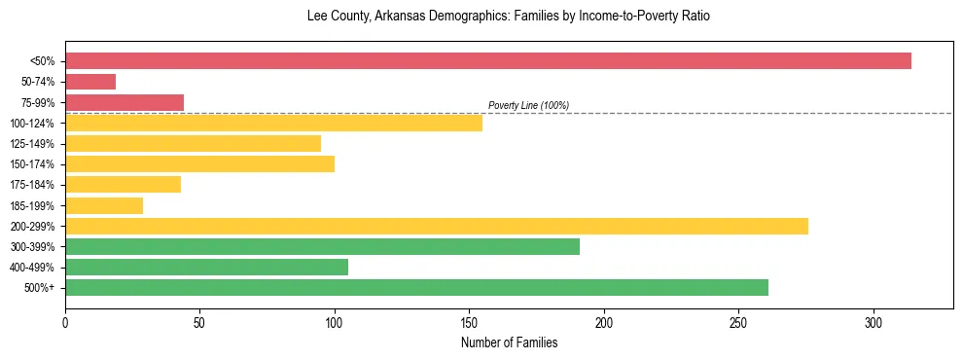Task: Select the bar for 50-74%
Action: (x=90, y=82)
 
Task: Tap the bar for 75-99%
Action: (x=125, y=102)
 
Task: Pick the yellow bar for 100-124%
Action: (x=273, y=123)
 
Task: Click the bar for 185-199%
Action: (x=104, y=205)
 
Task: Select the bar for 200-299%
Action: (x=437, y=226)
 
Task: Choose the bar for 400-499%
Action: (x=206, y=267)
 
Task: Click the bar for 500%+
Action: (x=416, y=287)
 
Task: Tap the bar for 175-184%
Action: (x=123, y=184)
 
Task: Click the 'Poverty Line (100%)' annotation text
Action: (x=528, y=105)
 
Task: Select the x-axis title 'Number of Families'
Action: (x=509, y=342)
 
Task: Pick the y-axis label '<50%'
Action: (x=43, y=61)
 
